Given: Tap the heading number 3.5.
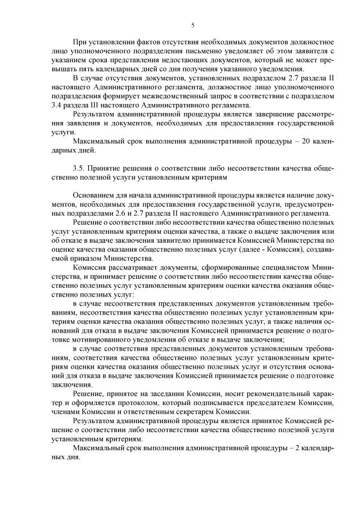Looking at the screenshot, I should tap(79, 168).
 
